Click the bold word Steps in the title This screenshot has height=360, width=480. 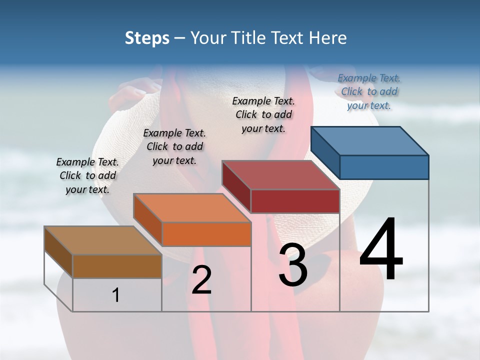[x=147, y=38]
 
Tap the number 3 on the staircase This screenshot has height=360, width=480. [x=293, y=264]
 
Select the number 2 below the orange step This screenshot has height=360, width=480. [x=201, y=280]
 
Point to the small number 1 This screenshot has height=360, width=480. [x=115, y=295]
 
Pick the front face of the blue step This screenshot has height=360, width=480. [x=384, y=167]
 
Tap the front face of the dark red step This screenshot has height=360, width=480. [x=295, y=201]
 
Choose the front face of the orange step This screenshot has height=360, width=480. [x=206, y=234]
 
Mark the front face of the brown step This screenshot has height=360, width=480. [x=117, y=266]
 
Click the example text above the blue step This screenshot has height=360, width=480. [x=369, y=91]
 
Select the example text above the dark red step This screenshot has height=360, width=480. [x=263, y=114]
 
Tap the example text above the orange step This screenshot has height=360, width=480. [x=174, y=146]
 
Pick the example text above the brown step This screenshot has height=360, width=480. [x=87, y=175]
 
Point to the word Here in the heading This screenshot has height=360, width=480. [x=329, y=38]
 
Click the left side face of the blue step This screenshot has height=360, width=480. [x=325, y=152]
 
